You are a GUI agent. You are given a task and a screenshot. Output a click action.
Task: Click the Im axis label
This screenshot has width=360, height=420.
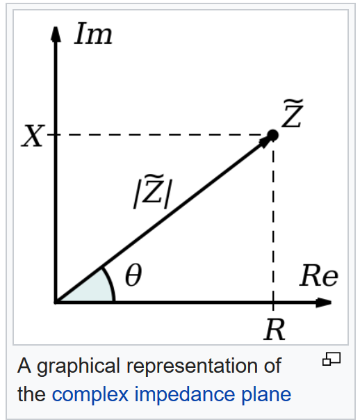93,33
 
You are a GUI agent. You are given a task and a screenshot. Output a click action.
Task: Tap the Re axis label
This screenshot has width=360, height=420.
318,275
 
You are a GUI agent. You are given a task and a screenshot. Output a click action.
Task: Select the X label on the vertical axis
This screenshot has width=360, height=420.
33,136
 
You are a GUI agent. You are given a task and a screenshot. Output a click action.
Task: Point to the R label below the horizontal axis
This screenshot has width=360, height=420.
275,330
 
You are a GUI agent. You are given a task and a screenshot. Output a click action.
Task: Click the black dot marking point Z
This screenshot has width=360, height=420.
272,136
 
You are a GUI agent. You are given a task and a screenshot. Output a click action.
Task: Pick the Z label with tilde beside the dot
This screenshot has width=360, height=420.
293,113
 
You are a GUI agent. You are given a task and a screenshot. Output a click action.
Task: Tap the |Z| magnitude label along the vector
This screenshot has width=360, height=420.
153,191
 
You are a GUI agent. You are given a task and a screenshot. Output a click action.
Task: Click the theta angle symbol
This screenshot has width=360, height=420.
133,275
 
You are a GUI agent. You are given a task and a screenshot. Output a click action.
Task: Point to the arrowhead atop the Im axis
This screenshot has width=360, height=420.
56,34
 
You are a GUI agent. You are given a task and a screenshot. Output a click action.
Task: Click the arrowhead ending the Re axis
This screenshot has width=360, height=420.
324,302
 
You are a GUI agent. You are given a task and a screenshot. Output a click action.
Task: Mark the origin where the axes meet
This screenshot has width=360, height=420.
56,302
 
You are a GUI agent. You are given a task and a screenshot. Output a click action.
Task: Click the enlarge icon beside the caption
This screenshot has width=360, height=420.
332,359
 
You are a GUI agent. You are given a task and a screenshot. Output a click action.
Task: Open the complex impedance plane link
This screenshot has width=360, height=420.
171,394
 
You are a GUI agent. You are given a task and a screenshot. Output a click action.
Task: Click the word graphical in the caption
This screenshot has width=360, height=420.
79,366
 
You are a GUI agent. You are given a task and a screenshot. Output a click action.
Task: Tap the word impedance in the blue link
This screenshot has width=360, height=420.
184,394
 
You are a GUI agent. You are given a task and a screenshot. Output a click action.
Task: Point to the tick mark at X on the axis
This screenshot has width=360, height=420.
52,135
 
